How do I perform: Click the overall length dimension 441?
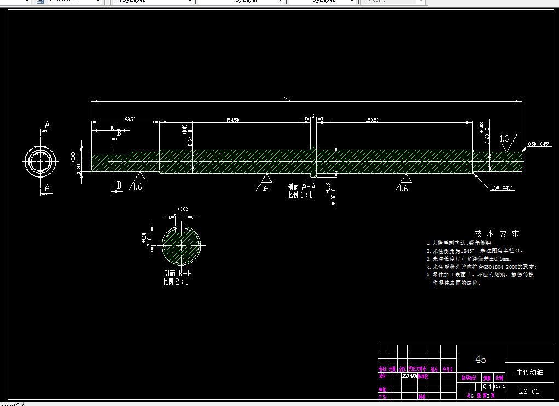[x=286, y=99]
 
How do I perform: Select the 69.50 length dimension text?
[x=130, y=119]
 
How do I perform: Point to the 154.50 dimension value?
[x=232, y=120]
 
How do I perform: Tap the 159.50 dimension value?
[x=372, y=120]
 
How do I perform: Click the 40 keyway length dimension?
[x=113, y=127]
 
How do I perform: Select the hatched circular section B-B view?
[x=181, y=245]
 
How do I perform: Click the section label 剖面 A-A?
[x=302, y=187]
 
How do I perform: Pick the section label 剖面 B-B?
[x=177, y=274]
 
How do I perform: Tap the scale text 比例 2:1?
[x=176, y=282]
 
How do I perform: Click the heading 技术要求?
[x=496, y=233]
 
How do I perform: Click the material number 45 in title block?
[x=481, y=359]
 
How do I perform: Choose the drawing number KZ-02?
[x=529, y=391]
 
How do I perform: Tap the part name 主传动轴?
[x=529, y=372]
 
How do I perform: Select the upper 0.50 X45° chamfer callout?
[x=539, y=144]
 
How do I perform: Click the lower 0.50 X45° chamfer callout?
[x=503, y=187]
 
